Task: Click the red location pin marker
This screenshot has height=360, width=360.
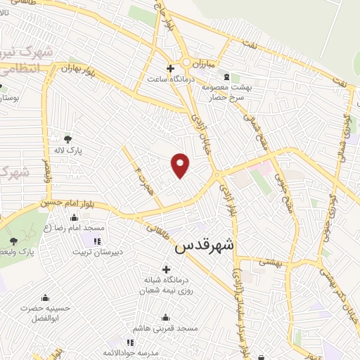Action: (x=181, y=165)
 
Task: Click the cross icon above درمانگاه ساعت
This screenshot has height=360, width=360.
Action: (x=160, y=67)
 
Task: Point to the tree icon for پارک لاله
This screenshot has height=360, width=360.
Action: (x=67, y=139)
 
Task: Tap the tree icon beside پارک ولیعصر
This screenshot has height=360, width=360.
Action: (x=14, y=240)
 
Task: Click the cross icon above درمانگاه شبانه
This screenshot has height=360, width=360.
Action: (x=166, y=269)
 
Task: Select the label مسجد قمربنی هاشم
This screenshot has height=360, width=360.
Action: (x=169, y=328)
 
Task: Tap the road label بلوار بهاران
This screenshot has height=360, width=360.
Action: (x=77, y=70)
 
